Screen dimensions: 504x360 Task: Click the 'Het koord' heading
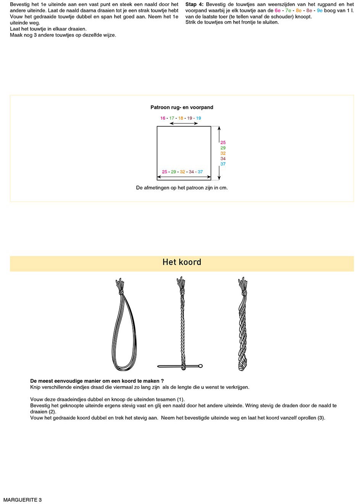point(182,262)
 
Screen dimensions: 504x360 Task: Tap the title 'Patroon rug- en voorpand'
point(182,108)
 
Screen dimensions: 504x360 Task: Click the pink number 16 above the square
point(163,118)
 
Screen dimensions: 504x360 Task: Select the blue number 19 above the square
point(199,118)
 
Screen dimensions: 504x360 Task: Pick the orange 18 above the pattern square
point(181,118)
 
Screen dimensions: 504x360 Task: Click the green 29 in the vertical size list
point(223,148)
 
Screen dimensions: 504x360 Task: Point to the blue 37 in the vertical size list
point(223,164)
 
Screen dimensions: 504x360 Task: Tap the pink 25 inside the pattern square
point(165,172)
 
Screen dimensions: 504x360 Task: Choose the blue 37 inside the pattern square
point(200,172)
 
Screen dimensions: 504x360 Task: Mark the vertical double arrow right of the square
point(219,153)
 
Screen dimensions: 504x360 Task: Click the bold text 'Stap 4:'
point(194,5)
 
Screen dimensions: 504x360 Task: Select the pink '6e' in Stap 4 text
point(278,11)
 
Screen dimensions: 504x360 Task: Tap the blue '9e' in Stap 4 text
point(320,11)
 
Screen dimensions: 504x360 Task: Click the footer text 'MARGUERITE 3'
point(23,500)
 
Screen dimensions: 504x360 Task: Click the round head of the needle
point(201,366)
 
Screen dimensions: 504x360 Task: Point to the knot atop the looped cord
point(121,293)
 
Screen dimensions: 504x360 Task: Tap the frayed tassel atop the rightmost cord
point(242,283)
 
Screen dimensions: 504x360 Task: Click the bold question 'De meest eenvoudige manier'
point(97,381)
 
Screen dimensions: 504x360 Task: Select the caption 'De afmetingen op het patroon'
point(182,188)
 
